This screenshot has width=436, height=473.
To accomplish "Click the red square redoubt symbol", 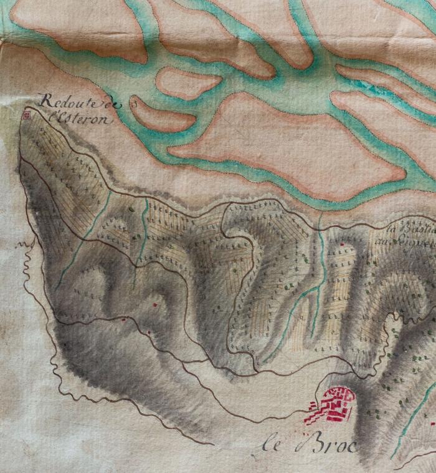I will click(x=26, y=114).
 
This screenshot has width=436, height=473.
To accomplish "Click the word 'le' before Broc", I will click(x=270, y=447).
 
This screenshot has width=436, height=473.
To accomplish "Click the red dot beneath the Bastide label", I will click(x=342, y=244).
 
